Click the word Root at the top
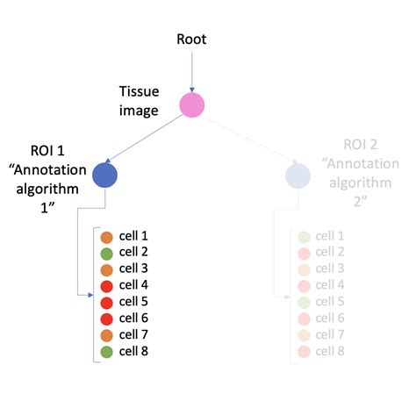pos(191,39)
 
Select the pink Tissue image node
pos(191,105)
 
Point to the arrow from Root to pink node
pos(191,70)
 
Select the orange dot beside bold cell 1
pos(106,237)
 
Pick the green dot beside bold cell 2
pos(106,253)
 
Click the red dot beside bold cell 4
pos(106,285)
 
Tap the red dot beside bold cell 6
pos(106,318)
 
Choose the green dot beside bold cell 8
pos(106,350)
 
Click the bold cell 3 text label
pos(134,269)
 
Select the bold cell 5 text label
pos(134,301)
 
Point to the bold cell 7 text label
pos(134,333)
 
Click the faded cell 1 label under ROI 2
pos(330,237)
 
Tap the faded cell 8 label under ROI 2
pos(330,351)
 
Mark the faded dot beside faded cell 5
pos(304,302)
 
